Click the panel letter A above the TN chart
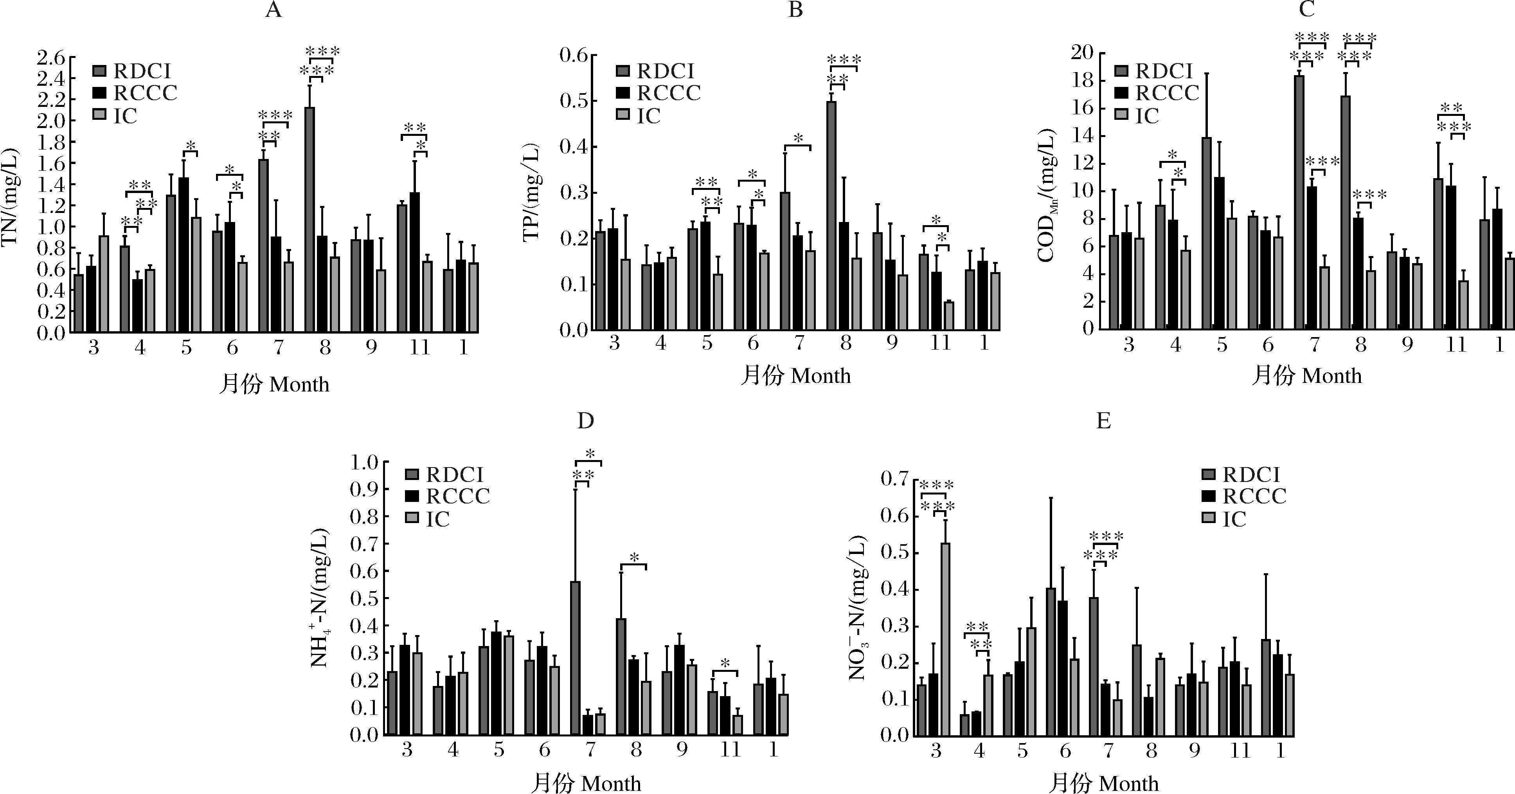coord(273,11)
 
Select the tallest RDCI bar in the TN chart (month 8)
coord(309,220)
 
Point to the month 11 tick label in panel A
coord(420,347)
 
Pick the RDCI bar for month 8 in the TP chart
coord(831,215)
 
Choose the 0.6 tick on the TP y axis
coord(574,55)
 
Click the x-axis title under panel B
coord(795,375)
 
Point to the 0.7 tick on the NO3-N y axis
coord(894,479)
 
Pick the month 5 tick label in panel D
coord(499,749)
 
